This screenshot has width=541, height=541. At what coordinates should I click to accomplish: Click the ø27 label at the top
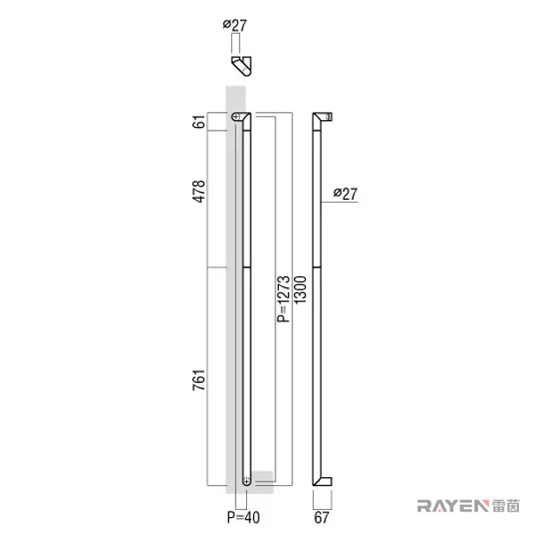tap(235, 25)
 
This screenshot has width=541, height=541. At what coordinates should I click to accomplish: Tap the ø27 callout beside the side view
tap(346, 194)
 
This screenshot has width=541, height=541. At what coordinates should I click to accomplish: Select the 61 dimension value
tap(199, 122)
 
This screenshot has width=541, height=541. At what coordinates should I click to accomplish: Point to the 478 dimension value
tap(199, 191)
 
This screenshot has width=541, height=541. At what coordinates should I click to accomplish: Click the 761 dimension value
tap(199, 380)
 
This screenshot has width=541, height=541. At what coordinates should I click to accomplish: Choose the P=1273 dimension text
tap(283, 298)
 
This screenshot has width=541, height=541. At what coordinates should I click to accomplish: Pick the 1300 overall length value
tap(300, 290)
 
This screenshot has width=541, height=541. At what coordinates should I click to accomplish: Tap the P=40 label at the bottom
tap(243, 518)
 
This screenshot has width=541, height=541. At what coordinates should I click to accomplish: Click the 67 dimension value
tap(322, 518)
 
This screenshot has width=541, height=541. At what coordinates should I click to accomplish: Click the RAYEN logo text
tap(453, 505)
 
